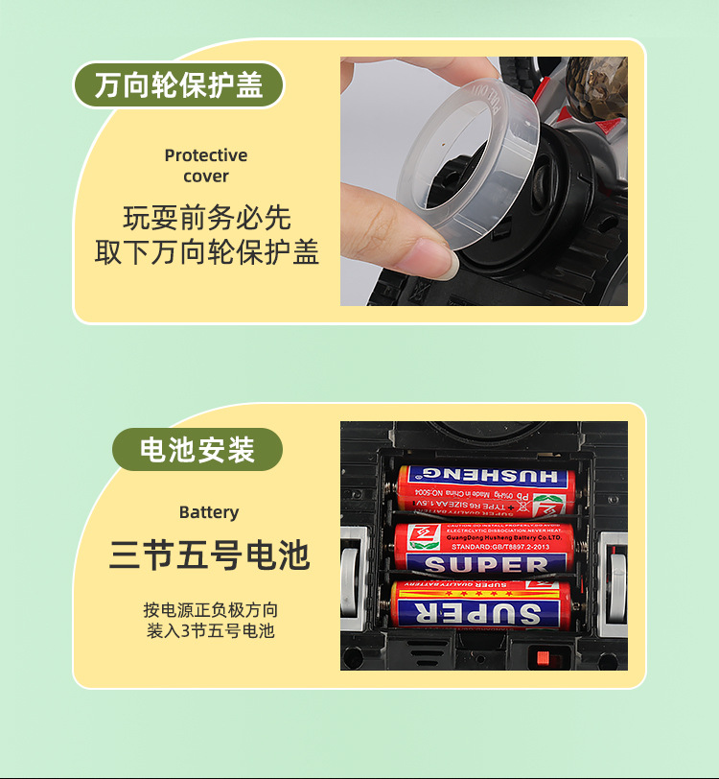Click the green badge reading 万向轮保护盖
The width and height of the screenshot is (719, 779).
[x=178, y=85]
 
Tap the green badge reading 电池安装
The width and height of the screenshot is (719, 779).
[x=197, y=450]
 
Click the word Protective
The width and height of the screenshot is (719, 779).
[x=205, y=155]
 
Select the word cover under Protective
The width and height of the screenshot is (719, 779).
[x=206, y=177]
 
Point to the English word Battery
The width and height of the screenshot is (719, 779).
[x=208, y=512]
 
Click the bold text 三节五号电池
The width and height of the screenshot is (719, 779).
[x=209, y=556]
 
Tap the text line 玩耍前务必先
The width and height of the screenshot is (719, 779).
[x=207, y=218]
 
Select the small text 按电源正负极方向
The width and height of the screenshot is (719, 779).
[x=211, y=609]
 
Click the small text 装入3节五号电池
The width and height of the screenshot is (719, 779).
[x=210, y=631]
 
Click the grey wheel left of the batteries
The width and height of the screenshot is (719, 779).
[x=353, y=575]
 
